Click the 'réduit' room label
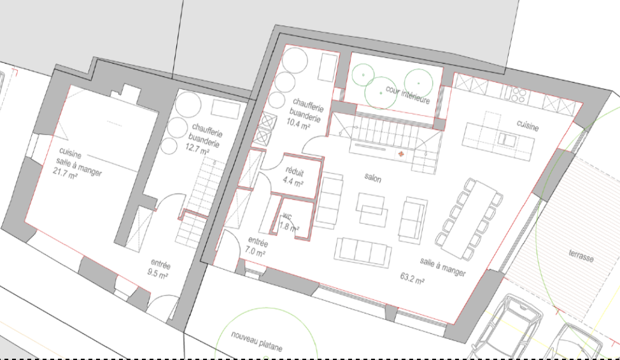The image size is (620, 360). coord(295,172)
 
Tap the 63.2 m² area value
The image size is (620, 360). coord(412,278)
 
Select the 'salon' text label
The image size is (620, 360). coord(373,178)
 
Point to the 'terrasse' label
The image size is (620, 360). coord(581,255)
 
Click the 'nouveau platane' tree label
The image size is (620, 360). coord(257,342)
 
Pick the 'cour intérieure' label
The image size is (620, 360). coord(407,95)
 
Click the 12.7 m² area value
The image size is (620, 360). coord(198,149)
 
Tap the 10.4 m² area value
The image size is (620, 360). coord(298,125)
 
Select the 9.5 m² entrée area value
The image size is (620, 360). coord(158,273)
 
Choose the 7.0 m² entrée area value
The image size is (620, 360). coord(255,251)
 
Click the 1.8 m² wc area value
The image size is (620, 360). coord(289,227)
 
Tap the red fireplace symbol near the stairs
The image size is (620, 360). coord(401,154)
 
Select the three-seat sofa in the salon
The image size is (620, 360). coord(363,253)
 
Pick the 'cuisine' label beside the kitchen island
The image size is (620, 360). coord(528,125)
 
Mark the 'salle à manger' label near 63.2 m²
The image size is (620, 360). coord(443,267)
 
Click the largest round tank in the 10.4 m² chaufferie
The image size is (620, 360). coord(295,60)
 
